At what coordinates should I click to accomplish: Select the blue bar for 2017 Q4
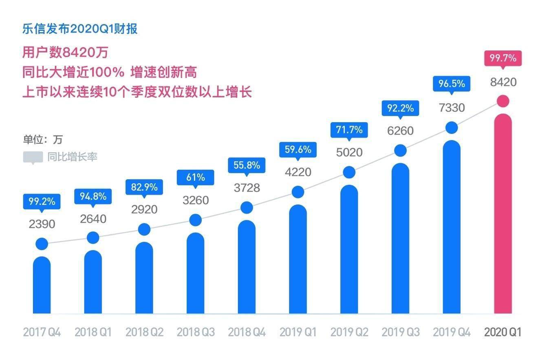[42, 285]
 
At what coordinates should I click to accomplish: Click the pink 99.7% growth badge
[503, 58]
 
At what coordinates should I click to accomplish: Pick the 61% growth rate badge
[195, 178]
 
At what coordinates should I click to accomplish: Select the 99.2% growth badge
[42, 201]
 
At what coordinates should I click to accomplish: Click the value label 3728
[247, 188]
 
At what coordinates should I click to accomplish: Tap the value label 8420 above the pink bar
[503, 82]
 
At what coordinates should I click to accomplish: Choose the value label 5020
[349, 152]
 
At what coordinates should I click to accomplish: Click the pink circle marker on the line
[503, 101]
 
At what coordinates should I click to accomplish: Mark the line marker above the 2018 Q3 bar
[196, 220]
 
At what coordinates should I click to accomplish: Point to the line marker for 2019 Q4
[452, 128]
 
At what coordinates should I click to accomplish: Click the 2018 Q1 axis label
[93, 332]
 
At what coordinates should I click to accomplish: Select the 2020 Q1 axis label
[503, 332]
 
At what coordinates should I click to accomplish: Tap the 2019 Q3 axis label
[400, 332]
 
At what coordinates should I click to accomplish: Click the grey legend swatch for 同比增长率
[33, 157]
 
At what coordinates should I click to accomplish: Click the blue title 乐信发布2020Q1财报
[80, 29]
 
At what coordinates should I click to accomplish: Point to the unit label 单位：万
[43, 139]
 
